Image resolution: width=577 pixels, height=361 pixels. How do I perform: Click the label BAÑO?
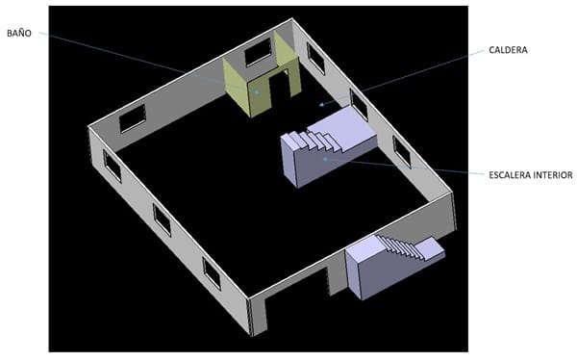[19, 33]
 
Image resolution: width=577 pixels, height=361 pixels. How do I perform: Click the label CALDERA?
[508, 50]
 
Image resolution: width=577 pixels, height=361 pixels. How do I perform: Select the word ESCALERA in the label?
[510, 175]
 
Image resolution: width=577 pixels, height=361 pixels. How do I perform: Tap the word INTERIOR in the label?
[553, 175]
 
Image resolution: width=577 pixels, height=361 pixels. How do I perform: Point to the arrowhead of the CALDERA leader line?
[321, 105]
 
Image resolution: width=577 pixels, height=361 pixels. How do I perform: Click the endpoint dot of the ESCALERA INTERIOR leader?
[325, 159]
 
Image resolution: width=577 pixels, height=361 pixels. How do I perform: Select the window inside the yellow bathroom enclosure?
[258, 52]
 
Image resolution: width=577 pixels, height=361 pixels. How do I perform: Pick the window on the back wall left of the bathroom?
[133, 118]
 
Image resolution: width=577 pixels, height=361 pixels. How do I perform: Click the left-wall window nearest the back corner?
[112, 166]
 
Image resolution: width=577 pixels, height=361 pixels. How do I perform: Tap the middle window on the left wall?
[162, 219]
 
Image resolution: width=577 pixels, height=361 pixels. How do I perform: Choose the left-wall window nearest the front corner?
[212, 273]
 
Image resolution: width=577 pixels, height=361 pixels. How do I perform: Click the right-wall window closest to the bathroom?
[315, 59]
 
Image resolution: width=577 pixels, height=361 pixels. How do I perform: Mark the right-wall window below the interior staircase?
[401, 151]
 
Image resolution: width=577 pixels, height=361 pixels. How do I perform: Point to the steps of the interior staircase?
[315, 141]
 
